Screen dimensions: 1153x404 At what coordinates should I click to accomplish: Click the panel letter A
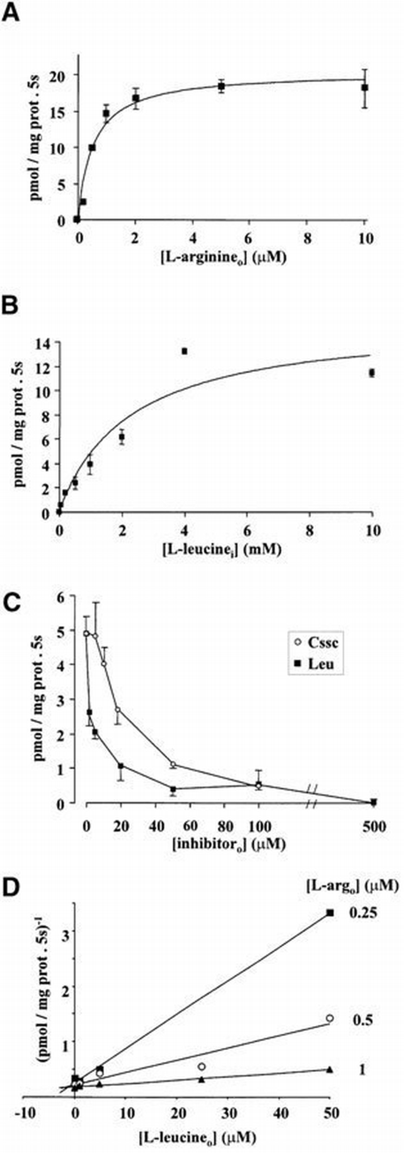[x=12, y=13]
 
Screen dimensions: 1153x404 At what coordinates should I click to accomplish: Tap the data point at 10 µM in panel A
[x=365, y=87]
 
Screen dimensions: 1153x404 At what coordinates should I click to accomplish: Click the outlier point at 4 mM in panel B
[x=185, y=351]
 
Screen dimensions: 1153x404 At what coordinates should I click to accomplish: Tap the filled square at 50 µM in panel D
[x=330, y=913]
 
